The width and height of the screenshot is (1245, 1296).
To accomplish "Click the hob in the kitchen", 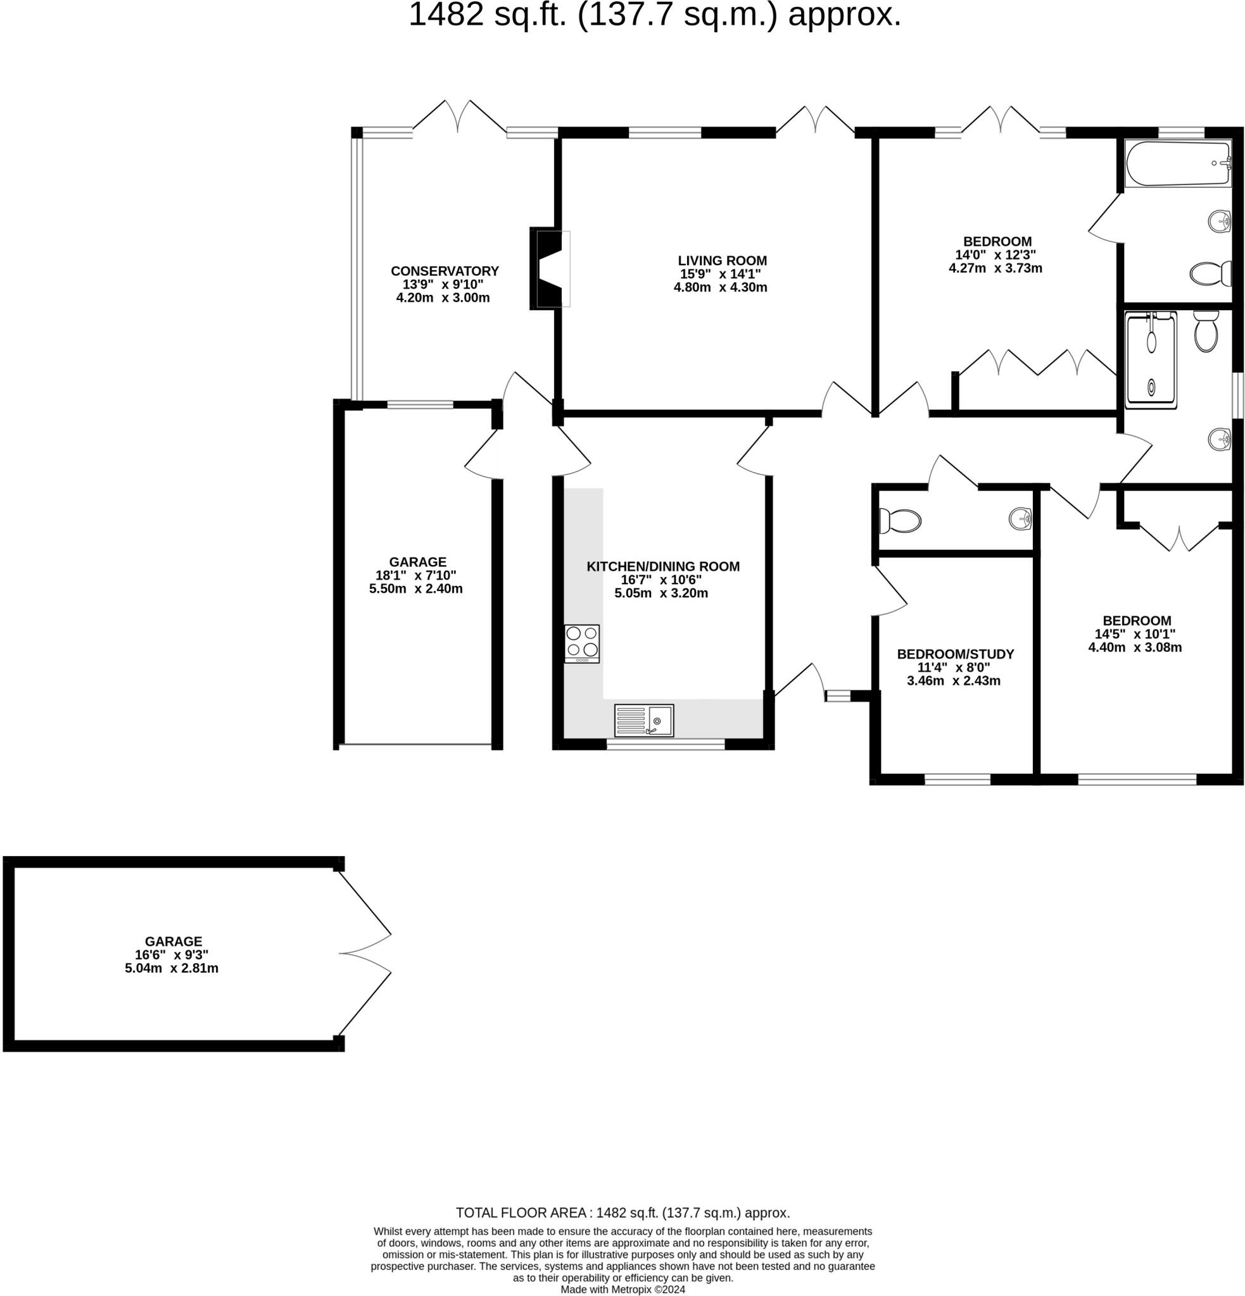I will coord(581,643).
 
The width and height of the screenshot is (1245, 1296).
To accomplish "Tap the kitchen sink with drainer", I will coord(643,720).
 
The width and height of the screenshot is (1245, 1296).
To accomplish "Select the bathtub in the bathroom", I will coord(1177,163).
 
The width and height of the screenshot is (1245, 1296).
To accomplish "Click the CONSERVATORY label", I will coord(445,271).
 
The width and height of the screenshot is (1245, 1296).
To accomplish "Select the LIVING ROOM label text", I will coord(722,261).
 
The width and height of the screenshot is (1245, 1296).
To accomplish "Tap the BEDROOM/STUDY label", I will coord(954,654).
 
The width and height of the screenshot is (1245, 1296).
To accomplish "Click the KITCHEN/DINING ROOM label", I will coord(662,566).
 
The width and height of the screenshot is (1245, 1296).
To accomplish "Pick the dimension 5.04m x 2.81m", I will coord(172,968).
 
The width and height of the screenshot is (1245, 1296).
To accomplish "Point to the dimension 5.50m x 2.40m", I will coord(415,589).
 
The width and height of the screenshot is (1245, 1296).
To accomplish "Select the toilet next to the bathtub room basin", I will coord(1210,273).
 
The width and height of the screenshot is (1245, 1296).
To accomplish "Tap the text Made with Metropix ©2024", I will coord(622,1290).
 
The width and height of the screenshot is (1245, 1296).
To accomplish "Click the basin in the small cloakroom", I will coord(1020,518).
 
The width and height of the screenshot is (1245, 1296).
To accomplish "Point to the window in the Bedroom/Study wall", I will coord(957,780).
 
